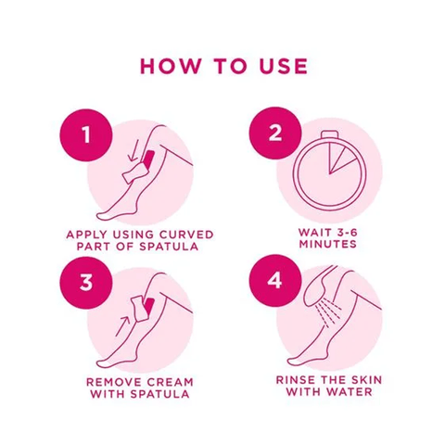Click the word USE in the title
284,66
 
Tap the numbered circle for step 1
86,134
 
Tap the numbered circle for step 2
275,133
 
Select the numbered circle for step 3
86,283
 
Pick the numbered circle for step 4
275,281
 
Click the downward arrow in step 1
133,150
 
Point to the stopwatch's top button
329,134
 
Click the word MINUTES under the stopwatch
328,244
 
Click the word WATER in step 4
350,392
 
